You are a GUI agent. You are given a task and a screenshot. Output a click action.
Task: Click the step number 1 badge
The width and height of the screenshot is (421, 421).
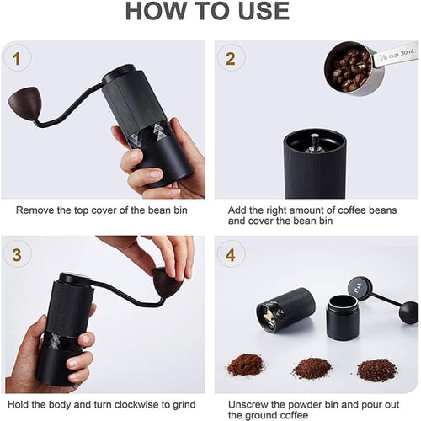(x=17, y=59)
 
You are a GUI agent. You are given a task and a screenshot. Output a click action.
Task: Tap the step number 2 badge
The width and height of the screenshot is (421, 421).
(x=231, y=59)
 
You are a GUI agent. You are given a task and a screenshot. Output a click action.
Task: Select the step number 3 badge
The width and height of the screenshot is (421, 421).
(x=17, y=255)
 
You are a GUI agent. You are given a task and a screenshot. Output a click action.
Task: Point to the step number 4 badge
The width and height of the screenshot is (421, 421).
(x=231, y=255)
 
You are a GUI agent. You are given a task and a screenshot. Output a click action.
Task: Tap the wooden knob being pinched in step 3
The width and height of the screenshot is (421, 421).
(x=168, y=284)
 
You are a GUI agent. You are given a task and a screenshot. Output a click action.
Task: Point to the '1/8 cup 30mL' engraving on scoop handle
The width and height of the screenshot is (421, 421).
(x=397, y=55)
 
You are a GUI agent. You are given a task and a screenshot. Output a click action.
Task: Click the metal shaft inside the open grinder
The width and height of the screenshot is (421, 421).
(x=315, y=143)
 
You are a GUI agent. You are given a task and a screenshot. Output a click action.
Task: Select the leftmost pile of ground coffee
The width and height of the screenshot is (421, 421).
(x=245, y=365)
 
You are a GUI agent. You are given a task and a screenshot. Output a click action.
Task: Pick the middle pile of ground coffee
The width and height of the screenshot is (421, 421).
(x=312, y=367)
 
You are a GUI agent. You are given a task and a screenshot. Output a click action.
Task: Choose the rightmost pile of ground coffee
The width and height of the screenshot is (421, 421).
(x=377, y=369)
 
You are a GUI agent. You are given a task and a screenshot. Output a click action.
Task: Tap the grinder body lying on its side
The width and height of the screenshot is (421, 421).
(x=285, y=310)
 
